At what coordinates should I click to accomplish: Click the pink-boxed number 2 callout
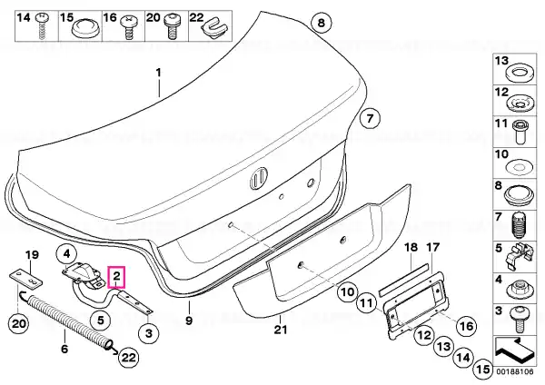(x=117, y=277)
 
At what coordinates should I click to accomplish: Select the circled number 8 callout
(x=322, y=23)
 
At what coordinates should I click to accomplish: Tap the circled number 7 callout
(x=370, y=119)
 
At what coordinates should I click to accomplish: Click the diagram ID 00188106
(x=514, y=371)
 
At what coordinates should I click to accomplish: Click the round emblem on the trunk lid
(x=259, y=178)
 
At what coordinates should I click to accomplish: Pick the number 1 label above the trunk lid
(x=158, y=73)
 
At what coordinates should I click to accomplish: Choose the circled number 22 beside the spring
(x=129, y=358)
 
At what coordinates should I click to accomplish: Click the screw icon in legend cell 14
(x=42, y=26)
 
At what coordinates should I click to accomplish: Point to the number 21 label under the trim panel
(x=280, y=329)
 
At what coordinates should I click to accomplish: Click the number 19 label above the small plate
(x=32, y=255)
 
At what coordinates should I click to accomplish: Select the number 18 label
(x=411, y=248)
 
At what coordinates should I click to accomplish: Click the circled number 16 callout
(x=466, y=326)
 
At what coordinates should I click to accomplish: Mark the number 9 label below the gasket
(x=189, y=321)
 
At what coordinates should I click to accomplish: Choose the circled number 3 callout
(x=148, y=333)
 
